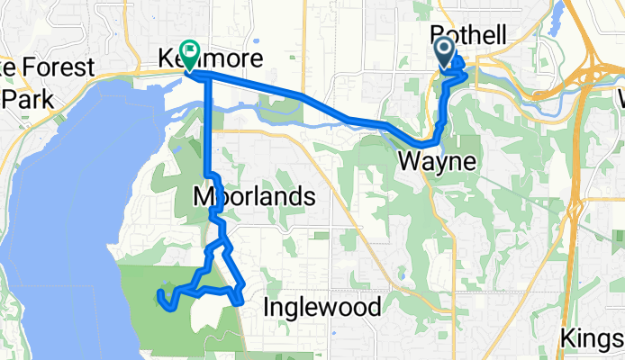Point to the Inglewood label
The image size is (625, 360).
click(322, 308)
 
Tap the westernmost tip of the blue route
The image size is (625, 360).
click(160, 295)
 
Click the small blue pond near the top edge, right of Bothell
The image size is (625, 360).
click(557, 11)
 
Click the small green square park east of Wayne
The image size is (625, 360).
click(469, 145)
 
